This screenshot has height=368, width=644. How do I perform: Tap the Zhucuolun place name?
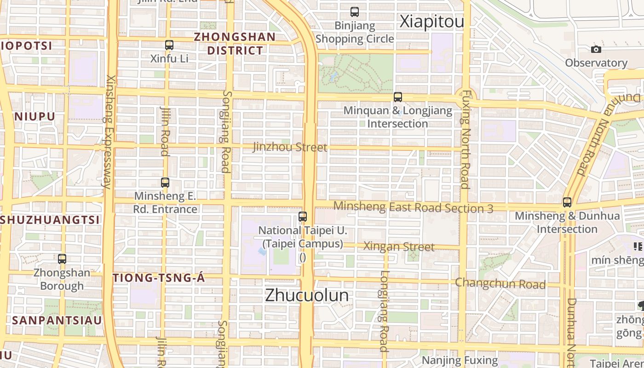coord(307,295)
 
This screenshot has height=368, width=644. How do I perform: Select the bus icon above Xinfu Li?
coord(169,45)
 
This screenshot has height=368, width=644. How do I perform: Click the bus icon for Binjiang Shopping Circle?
coord(354,12)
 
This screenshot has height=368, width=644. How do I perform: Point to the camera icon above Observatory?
coord(596,49)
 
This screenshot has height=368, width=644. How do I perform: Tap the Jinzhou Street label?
coord(290,147)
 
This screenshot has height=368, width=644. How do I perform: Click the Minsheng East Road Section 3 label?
coord(413,207)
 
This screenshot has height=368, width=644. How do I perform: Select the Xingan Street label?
coord(399,247)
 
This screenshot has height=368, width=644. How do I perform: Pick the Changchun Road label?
coord(500,283)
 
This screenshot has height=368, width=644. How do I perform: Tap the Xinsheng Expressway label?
coord(109,132)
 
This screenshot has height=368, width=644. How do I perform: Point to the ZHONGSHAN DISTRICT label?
coord(235,44)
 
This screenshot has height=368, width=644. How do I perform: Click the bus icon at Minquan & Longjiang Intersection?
coord(398,97)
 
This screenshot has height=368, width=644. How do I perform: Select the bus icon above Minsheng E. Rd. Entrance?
coord(165,183)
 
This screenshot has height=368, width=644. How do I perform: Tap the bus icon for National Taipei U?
coord(302,217)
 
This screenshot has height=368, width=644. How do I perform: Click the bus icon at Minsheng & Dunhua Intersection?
coord(567,202)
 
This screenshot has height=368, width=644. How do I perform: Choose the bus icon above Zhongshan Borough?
coord(62,259)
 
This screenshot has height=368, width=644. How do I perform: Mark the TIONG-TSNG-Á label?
coord(159,278)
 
